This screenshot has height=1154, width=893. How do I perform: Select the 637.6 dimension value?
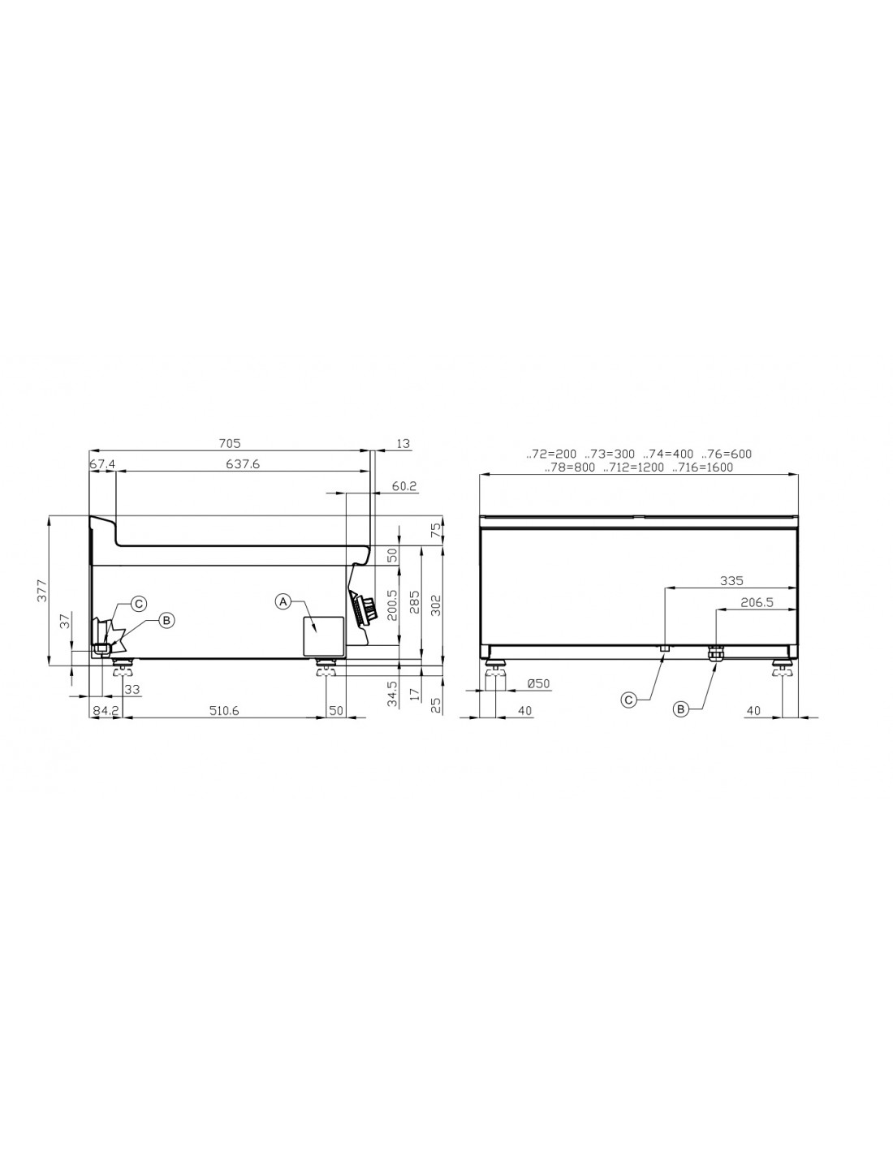tap(243, 464)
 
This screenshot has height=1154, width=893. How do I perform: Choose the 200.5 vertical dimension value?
tap(392, 605)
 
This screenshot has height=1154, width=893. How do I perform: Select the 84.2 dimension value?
tap(105, 711)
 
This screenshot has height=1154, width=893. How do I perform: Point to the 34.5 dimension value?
tap(392, 695)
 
